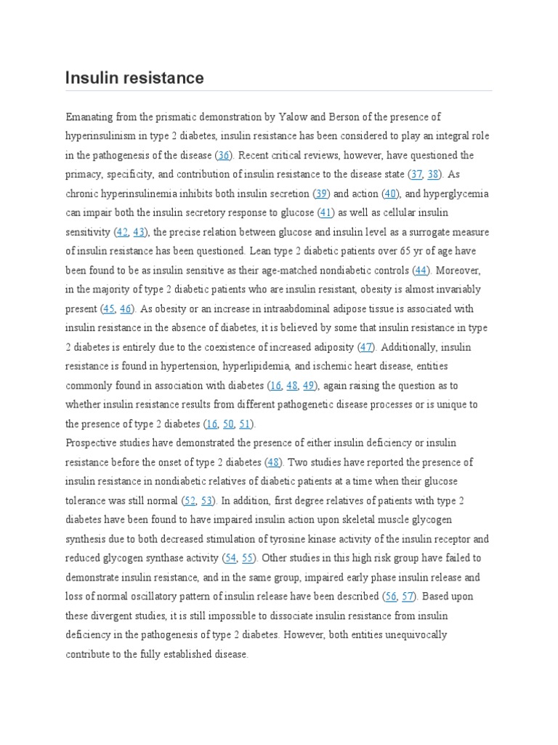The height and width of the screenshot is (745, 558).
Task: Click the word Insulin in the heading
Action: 90,78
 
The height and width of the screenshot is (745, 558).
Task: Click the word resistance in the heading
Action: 162,78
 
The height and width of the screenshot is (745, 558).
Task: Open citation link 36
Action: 224,156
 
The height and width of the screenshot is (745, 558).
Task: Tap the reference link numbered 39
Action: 321,194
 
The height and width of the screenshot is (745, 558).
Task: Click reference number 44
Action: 421,270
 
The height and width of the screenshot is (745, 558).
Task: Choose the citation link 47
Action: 366,347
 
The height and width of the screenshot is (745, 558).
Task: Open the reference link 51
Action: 246,423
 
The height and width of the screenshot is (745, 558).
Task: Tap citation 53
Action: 208,501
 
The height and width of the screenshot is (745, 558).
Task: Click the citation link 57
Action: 408,597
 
